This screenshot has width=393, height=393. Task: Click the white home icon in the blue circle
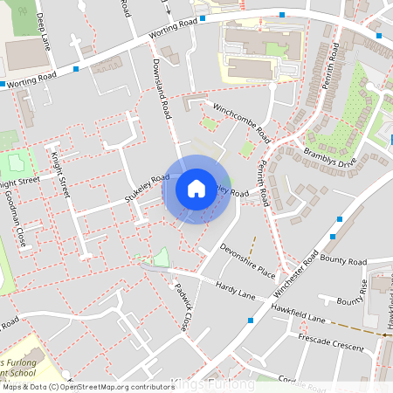pyautogui.click(x=196, y=188)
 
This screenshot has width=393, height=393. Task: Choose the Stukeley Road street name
pyautogui.click(x=147, y=188)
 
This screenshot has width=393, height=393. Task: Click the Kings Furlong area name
pyautogui.click(x=214, y=384)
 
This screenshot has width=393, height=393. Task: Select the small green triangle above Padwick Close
pyautogui.click(x=159, y=257)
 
